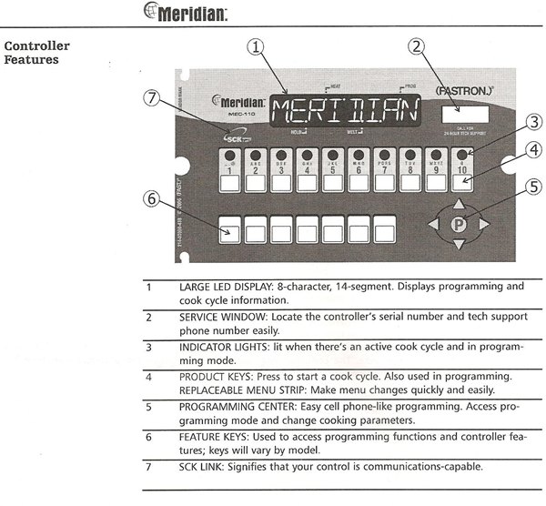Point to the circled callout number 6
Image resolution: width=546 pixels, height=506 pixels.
click(155, 201)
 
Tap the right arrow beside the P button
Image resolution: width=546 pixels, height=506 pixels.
click(484, 224)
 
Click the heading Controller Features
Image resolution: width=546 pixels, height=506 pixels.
click(37, 53)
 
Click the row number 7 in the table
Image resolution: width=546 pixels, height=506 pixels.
click(148, 468)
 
